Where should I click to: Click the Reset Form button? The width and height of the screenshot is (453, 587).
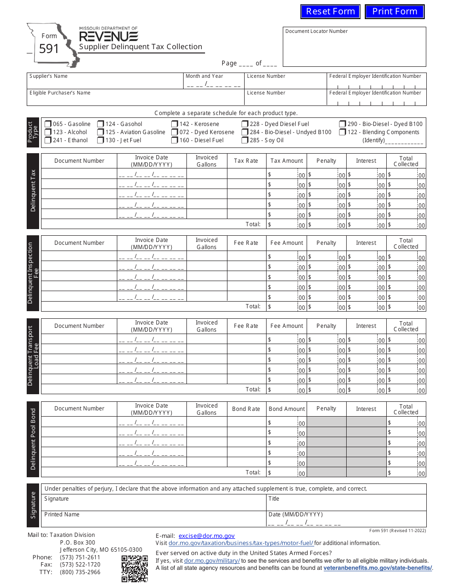pos(330,11)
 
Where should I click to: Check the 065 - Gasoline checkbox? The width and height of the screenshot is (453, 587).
pos(48,124)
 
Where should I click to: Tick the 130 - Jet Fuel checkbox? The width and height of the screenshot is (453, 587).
pos(101,140)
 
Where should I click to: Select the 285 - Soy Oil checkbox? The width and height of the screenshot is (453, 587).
pos(245,140)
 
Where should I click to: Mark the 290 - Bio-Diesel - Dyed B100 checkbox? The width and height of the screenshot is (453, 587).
pos(343,124)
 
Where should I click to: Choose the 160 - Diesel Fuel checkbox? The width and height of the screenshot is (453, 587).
pos(175,140)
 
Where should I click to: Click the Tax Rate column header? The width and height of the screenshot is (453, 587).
pos(246,161)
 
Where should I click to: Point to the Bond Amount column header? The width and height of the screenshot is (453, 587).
pos(287,409)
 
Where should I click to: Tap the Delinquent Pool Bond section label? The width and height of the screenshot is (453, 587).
pos(33,440)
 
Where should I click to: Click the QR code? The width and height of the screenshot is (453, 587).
pos(134,568)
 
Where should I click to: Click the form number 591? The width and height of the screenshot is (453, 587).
pos(49,49)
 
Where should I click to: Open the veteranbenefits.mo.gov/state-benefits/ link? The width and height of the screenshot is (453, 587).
pos(378,568)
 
